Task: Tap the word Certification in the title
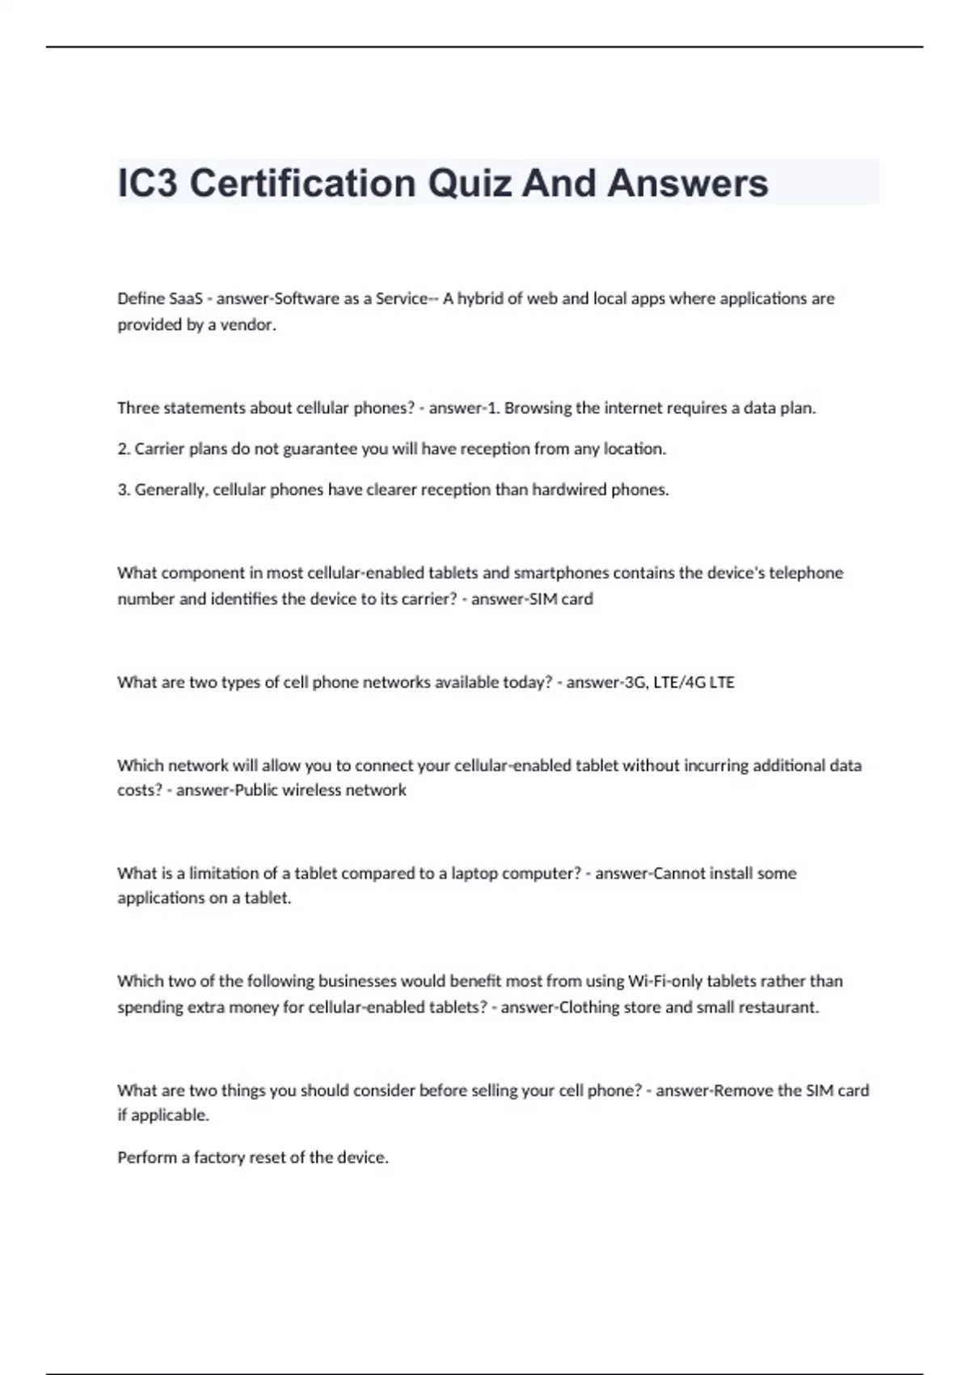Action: [302, 184]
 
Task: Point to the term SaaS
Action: [186, 298]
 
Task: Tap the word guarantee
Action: [320, 449]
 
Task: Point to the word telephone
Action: [805, 573]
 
